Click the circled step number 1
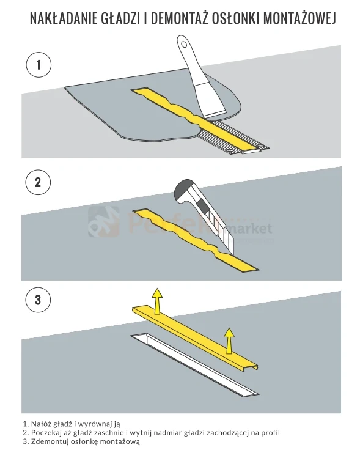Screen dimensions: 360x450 coord(39,65)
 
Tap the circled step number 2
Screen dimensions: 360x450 coord(38,182)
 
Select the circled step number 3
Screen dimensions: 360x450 coord(38,300)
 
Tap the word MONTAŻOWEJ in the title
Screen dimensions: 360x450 coord(299,18)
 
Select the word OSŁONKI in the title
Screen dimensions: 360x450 coord(235,18)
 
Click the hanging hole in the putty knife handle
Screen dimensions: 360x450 coord(184,45)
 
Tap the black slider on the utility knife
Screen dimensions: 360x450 coord(202,206)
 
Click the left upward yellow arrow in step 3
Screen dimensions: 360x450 coord(157,301)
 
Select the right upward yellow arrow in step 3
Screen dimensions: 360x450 coord(229,341)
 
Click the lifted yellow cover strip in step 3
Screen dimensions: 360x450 coord(195,339)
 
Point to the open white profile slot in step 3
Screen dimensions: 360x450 coord(195,365)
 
